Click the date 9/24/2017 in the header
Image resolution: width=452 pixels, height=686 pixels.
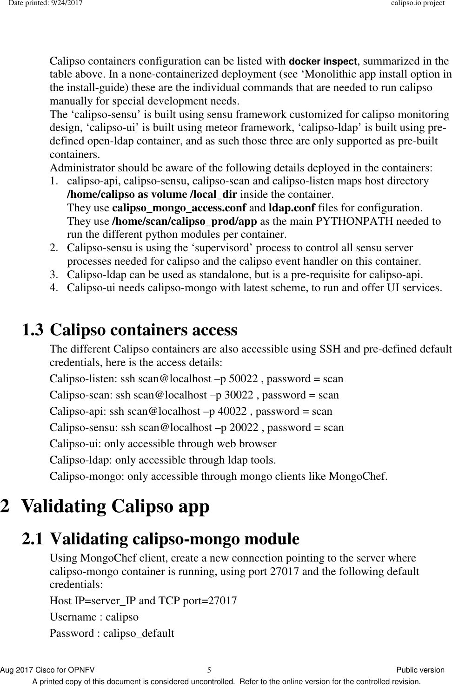[x=67, y=3]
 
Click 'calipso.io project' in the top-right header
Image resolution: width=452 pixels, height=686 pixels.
[x=417, y=3]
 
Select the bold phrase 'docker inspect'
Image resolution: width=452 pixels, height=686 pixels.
[x=323, y=61]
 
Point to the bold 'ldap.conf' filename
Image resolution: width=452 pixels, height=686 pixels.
[x=292, y=207]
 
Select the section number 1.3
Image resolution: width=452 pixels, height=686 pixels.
[x=34, y=330]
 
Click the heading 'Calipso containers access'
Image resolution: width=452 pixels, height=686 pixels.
[x=143, y=330]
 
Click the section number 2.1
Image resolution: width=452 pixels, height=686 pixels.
[x=34, y=539]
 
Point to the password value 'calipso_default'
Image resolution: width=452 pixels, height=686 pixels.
[x=139, y=634]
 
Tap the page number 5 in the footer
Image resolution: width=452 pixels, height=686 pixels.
[x=209, y=670]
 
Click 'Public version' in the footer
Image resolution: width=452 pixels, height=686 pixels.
[x=420, y=670]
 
